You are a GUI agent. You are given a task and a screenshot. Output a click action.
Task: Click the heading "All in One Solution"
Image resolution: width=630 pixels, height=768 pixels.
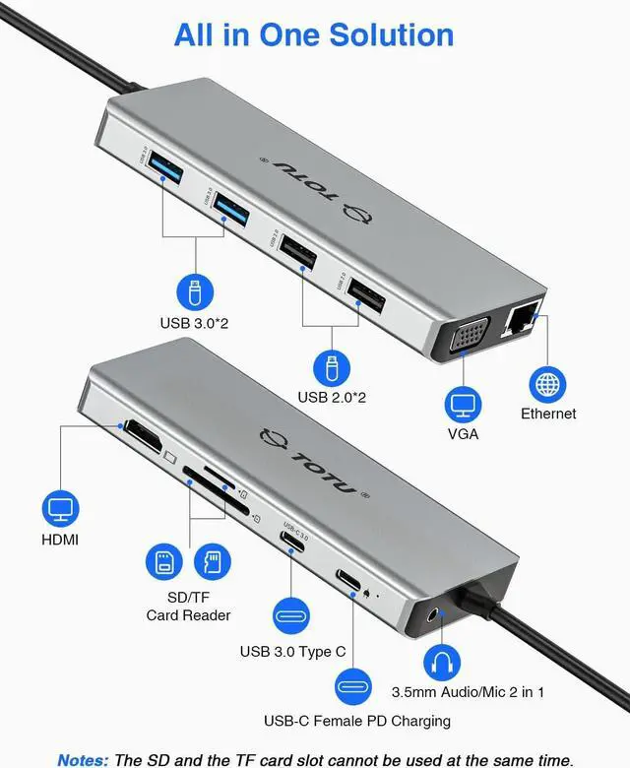coord(314,34)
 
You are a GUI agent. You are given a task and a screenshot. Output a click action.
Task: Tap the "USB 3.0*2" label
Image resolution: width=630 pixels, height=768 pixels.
coord(194,322)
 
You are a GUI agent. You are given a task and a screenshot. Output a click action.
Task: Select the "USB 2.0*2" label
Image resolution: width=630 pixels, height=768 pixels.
coord(332,397)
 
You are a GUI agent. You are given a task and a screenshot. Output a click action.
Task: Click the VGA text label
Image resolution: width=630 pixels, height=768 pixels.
coord(462,433)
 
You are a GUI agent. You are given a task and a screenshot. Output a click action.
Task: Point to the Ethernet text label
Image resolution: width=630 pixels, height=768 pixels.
coord(548,414)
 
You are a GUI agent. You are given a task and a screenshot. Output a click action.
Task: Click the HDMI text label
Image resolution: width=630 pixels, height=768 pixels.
coord(60,540)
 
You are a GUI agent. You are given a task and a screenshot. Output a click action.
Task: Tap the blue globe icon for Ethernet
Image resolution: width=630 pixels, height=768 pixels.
coord(548,382)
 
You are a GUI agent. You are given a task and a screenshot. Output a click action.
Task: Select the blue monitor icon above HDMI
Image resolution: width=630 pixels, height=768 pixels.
coord(61,509)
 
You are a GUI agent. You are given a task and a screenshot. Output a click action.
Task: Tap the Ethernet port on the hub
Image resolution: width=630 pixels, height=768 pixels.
coord(520,321)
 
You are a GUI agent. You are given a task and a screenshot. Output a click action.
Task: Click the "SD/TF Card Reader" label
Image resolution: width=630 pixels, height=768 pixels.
coord(188,607)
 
